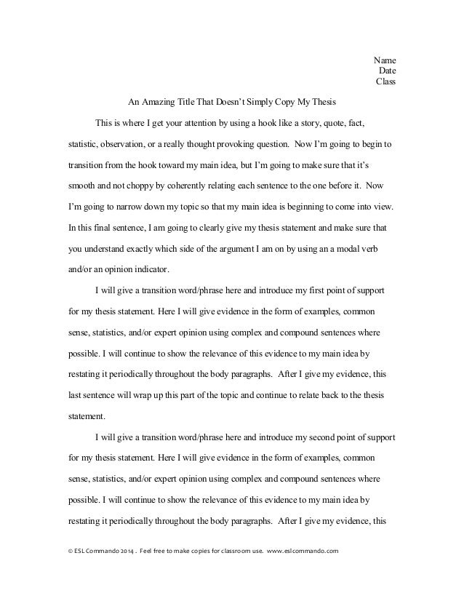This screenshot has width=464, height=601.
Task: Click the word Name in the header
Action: (x=384, y=60)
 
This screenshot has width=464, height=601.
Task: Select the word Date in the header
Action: (x=387, y=71)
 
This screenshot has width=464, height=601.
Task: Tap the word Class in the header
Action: (x=385, y=81)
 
